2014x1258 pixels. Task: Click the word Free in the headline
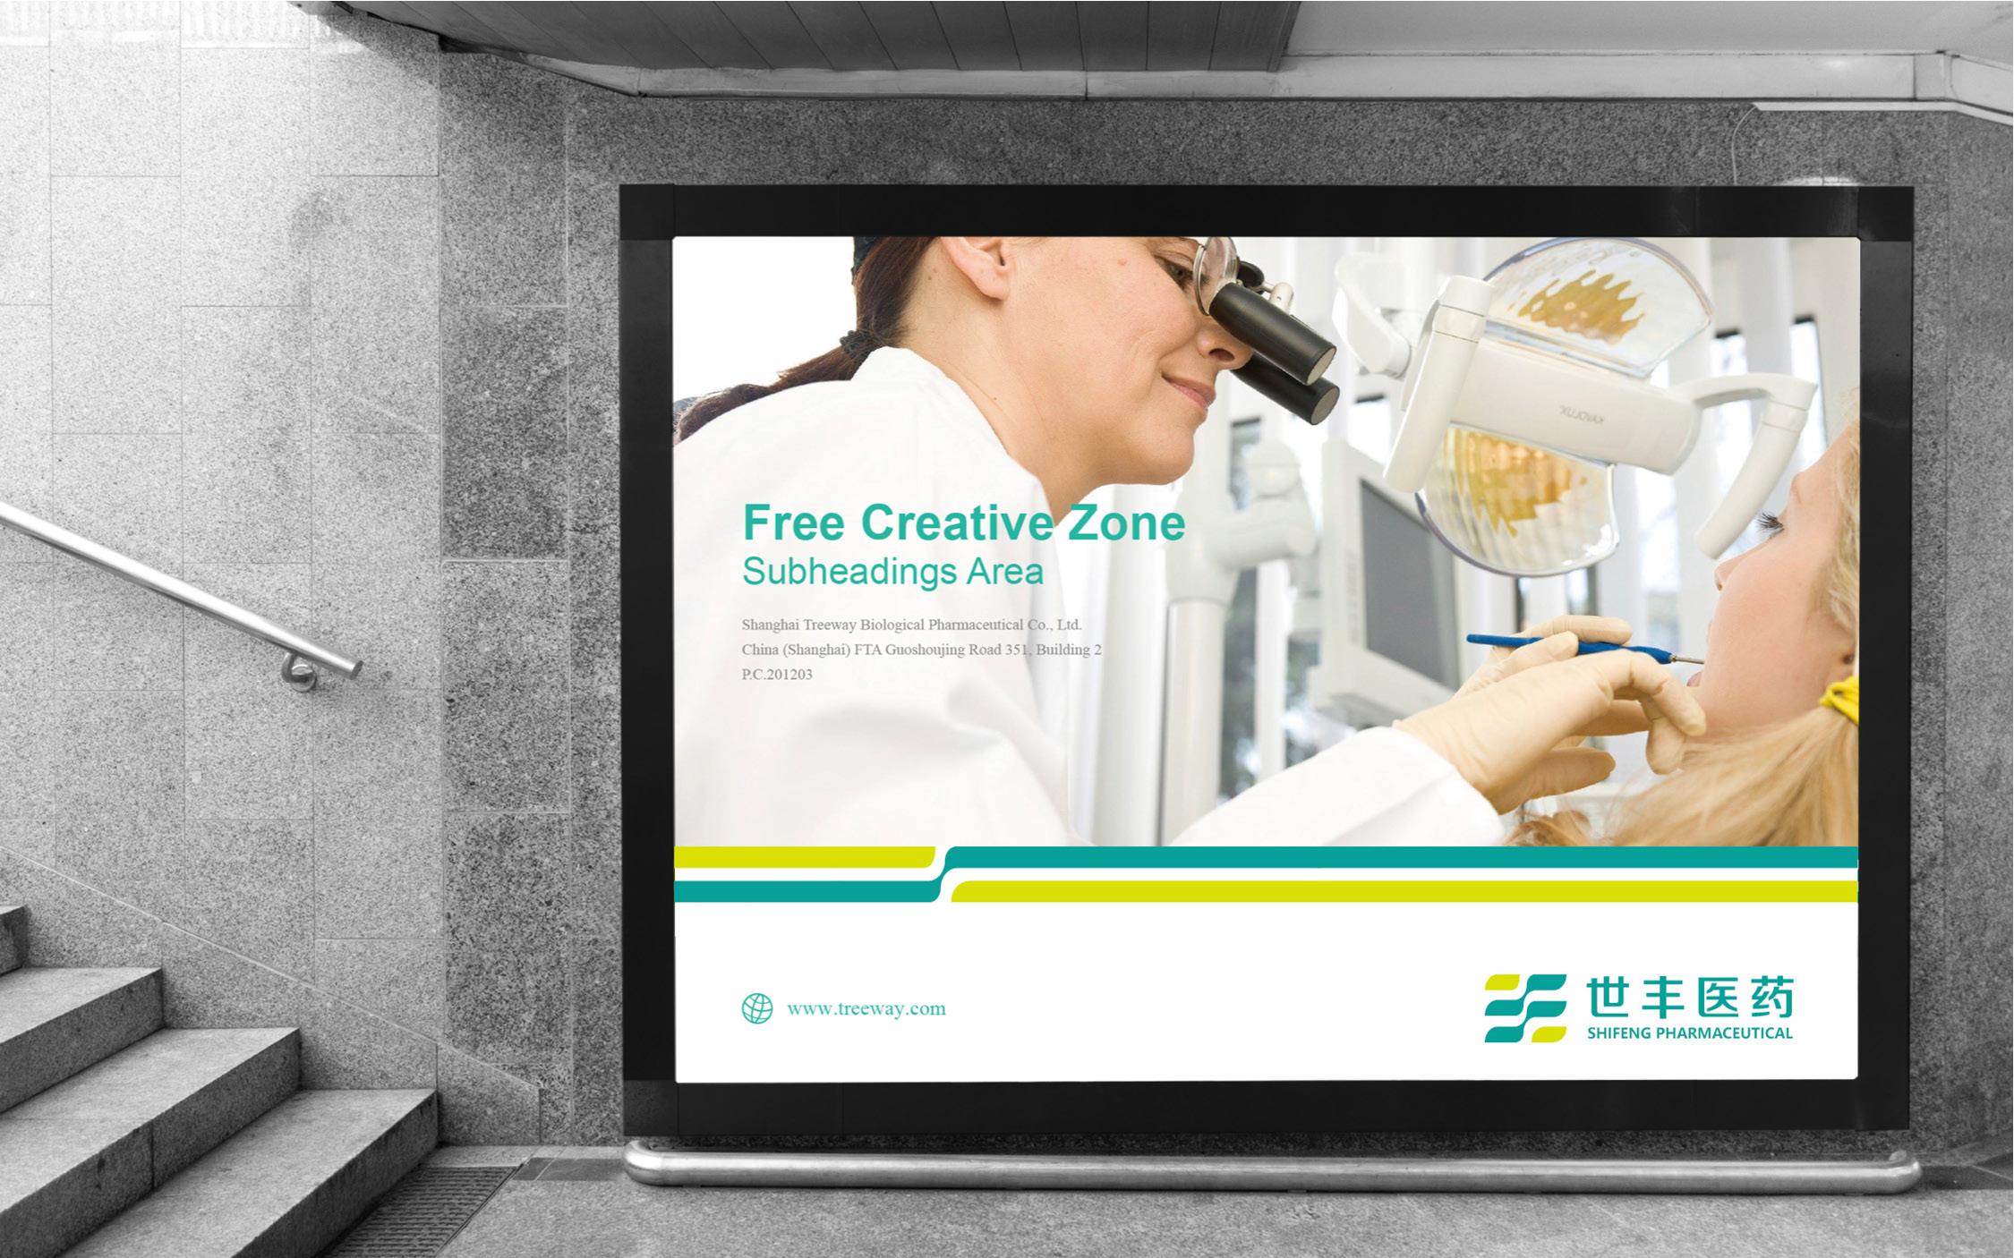pos(794,523)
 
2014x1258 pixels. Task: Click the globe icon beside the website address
pos(757,1008)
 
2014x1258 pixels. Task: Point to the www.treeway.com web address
pos(866,1009)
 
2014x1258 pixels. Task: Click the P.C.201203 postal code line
pos(777,675)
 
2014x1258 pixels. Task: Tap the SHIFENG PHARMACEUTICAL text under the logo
pos(1690,1033)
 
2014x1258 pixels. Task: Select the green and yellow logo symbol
pos(1525,1008)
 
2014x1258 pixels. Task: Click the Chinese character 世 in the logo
pos(1608,998)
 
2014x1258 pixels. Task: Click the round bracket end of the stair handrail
pos(301,672)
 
